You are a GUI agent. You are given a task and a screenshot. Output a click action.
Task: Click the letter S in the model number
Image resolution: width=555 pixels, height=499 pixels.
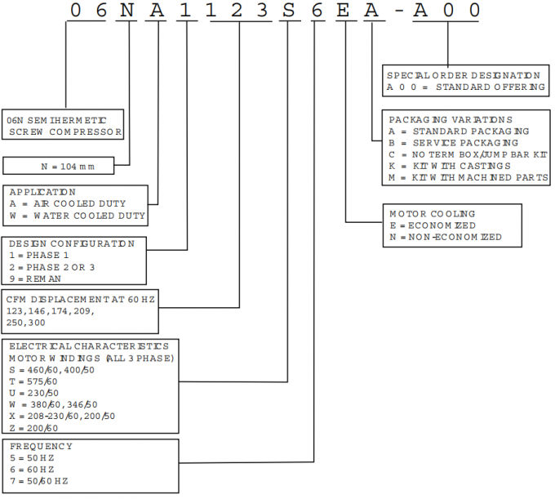pyautogui.click(x=288, y=11)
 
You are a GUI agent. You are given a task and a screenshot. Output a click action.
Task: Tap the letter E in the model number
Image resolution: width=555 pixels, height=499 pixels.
pyautogui.click(x=343, y=11)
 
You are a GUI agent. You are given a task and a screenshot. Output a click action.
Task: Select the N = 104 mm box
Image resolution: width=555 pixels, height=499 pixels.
pyautogui.click(x=59, y=166)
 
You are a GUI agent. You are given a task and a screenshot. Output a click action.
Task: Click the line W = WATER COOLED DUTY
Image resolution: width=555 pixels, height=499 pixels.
pyautogui.click(x=78, y=216)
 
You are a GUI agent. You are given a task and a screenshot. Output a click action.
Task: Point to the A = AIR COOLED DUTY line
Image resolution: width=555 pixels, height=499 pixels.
pyautogui.click(x=68, y=203)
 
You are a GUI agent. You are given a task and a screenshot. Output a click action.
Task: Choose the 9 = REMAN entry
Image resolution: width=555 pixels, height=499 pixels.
pyautogui.click(x=35, y=278)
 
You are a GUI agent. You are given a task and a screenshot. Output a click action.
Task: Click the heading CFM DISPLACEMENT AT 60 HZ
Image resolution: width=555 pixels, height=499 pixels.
pyautogui.click(x=80, y=300)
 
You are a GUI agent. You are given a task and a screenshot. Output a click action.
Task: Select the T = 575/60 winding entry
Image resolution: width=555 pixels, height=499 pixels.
pyautogui.click(x=33, y=381)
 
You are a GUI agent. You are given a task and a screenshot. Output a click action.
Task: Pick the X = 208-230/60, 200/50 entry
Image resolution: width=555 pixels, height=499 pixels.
pyautogui.click(x=62, y=417)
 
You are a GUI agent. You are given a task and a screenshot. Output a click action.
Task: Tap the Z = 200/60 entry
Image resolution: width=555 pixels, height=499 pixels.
pyautogui.click(x=33, y=428)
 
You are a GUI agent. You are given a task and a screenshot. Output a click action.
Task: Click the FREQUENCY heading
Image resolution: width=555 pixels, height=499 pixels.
pyautogui.click(x=41, y=446)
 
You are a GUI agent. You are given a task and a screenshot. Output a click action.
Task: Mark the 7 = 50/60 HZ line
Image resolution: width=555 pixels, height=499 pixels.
pyautogui.click(x=39, y=481)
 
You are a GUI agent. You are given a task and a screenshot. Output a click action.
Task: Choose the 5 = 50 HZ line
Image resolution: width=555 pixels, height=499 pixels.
pyautogui.click(x=32, y=458)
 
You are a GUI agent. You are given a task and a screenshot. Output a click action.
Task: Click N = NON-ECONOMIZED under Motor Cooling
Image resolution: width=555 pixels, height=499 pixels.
pyautogui.click(x=446, y=237)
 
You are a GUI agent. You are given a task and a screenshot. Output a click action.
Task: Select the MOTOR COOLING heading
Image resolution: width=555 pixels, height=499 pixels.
pyautogui.click(x=433, y=214)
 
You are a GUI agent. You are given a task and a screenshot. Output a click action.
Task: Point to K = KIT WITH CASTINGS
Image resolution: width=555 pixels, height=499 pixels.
pyautogui.click(x=450, y=166)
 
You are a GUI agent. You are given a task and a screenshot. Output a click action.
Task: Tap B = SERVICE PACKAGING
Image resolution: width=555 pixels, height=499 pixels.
pyautogui.click(x=454, y=143)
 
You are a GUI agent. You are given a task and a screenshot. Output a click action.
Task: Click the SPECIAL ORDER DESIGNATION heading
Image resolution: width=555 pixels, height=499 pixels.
pyautogui.click(x=464, y=75)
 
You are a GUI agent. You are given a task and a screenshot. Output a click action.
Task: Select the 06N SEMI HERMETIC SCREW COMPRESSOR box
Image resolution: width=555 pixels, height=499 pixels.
pyautogui.click(x=63, y=124)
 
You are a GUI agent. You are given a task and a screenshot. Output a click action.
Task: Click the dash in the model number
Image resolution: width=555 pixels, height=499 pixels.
pyautogui.click(x=399, y=11)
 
